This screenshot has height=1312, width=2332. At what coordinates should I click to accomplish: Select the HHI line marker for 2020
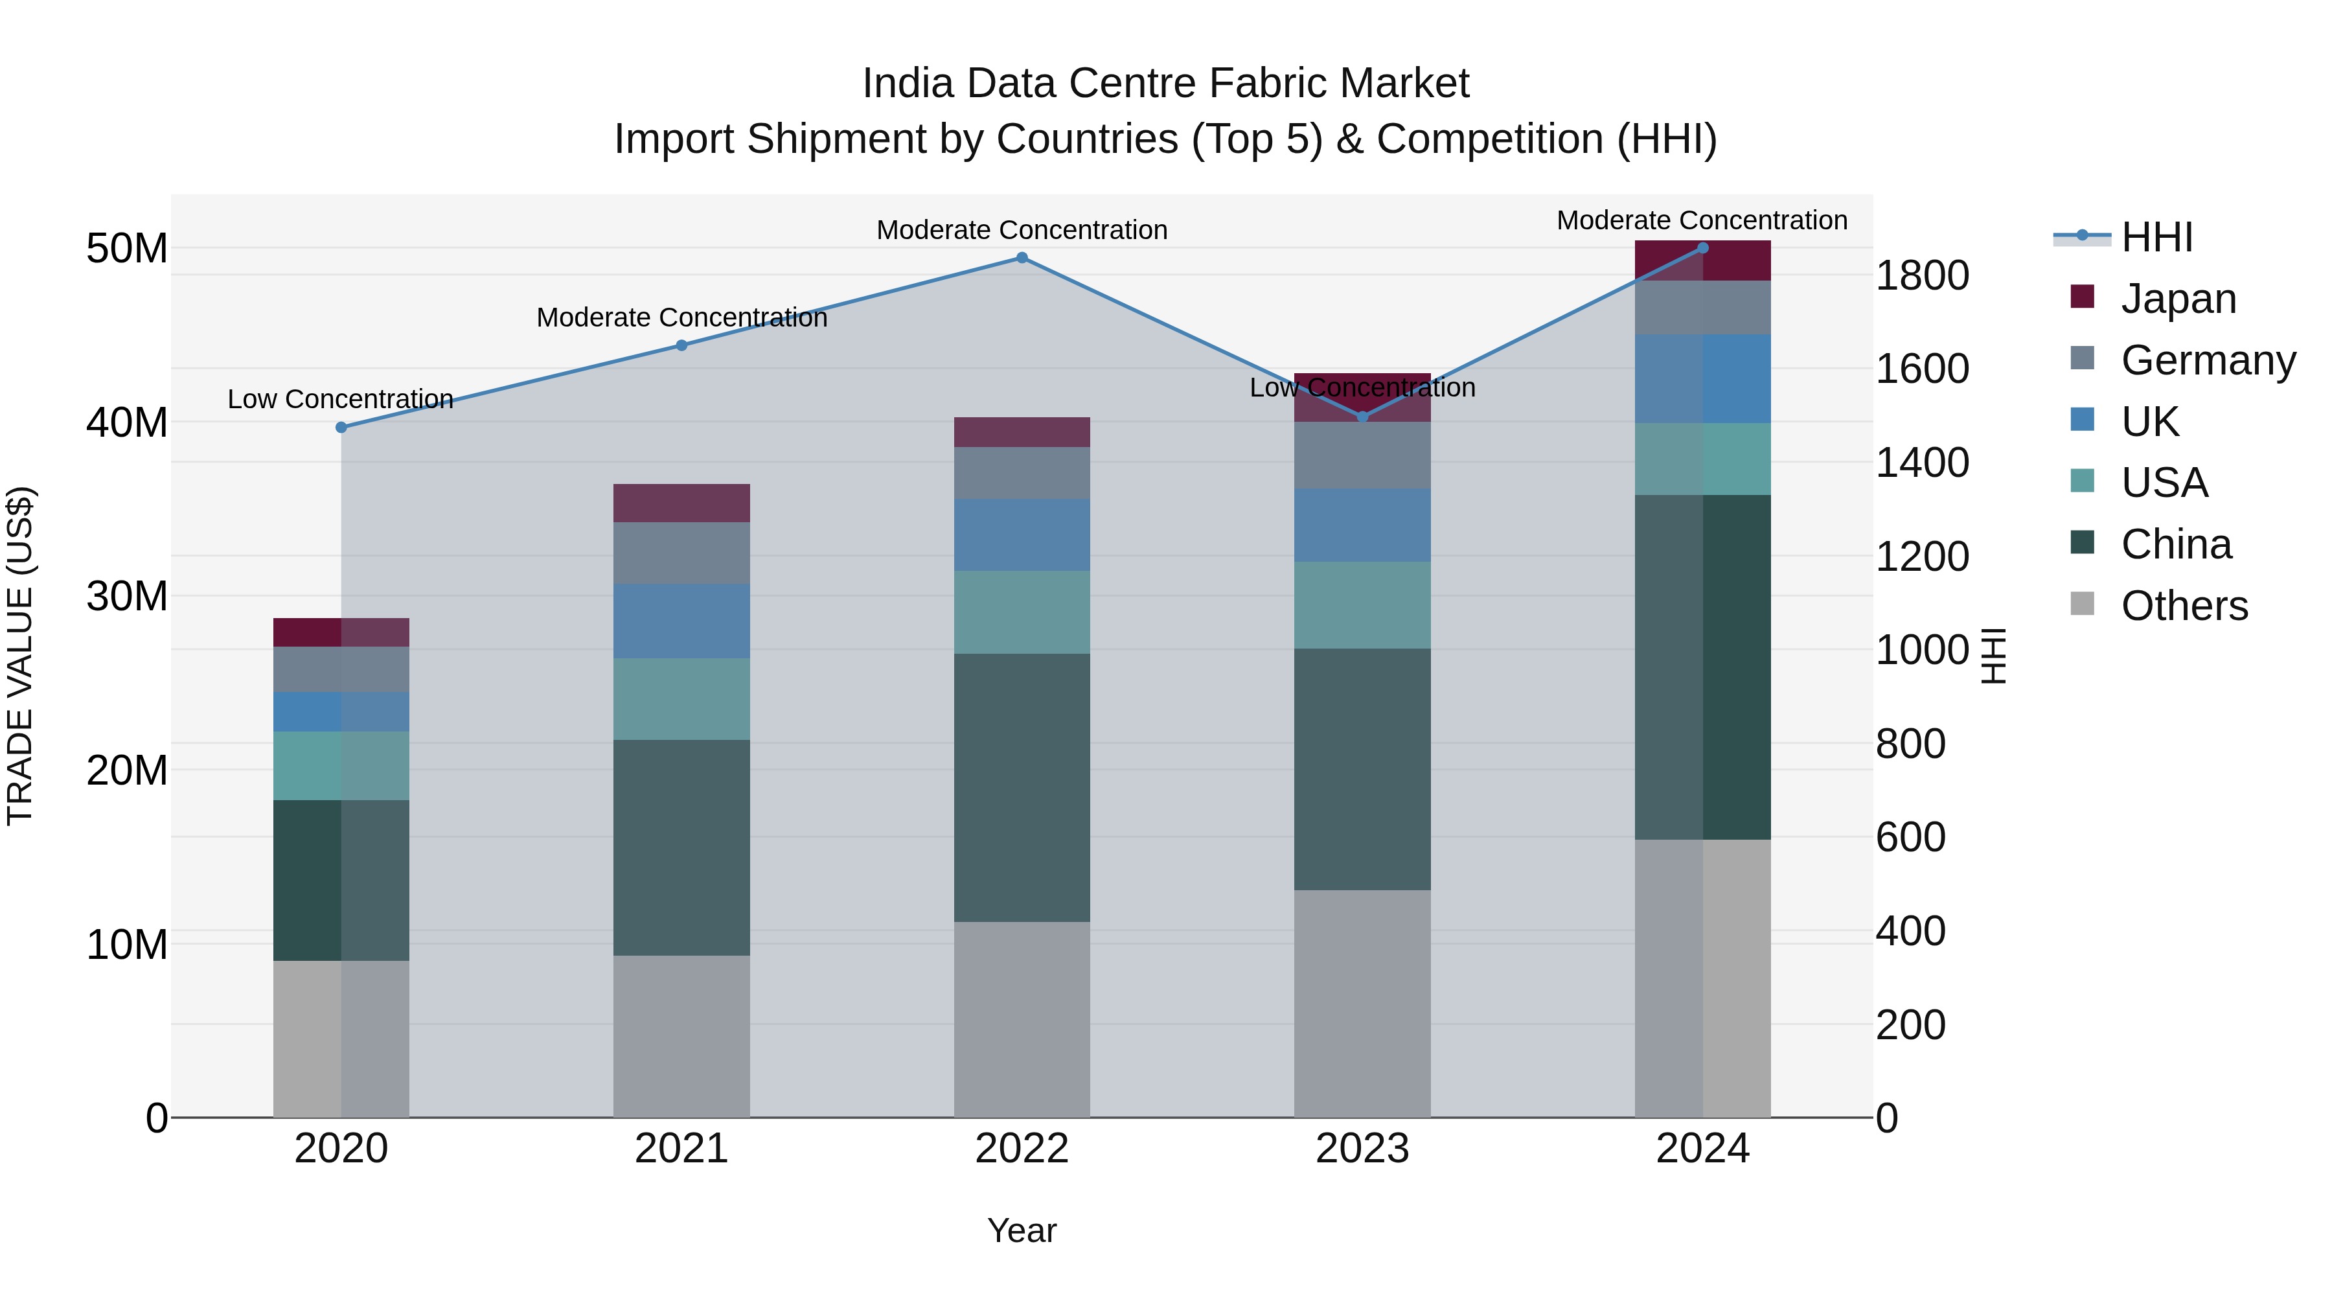(x=341, y=428)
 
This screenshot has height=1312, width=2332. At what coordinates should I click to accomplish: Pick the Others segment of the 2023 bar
(x=1362, y=1003)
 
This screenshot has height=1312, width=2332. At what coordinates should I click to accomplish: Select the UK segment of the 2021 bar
(x=681, y=621)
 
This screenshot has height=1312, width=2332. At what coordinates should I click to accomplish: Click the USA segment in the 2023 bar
(x=1362, y=605)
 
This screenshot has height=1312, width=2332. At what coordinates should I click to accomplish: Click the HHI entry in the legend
(x=2156, y=237)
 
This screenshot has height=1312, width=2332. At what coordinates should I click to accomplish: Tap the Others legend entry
(x=2184, y=606)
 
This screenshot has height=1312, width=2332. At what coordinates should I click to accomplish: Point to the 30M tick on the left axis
(x=127, y=597)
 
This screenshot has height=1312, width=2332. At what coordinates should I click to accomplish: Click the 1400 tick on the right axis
(x=1921, y=463)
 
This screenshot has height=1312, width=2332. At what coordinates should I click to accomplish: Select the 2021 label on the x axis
(x=681, y=1149)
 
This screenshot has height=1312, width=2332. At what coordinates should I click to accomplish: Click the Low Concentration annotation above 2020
(x=340, y=399)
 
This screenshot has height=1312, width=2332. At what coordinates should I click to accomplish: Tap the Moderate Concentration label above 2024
(x=1702, y=220)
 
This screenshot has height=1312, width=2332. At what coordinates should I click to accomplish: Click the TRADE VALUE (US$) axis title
(x=20, y=656)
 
